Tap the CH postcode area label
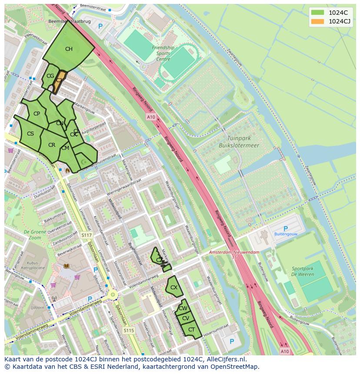tap(69, 49)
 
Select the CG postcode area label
tap(50, 76)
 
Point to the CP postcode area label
tap(37, 114)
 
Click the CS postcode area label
tap(30, 134)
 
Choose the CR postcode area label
tap(52, 145)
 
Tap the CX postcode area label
tap(173, 288)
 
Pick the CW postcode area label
tap(183, 308)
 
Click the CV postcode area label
tap(186, 318)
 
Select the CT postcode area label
tap(191, 330)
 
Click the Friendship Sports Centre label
tap(163, 53)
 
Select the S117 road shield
tap(86, 235)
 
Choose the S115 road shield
tap(128, 331)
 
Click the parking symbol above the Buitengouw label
tap(285, 228)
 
